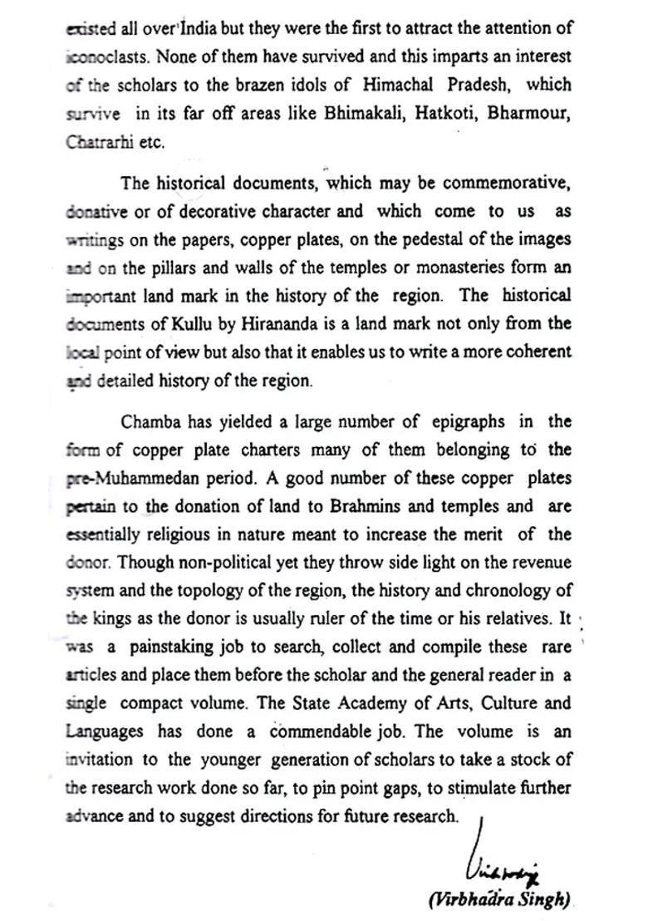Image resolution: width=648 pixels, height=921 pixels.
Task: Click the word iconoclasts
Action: pos(97,57)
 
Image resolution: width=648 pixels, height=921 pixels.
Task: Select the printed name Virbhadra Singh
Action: pos(498,899)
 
